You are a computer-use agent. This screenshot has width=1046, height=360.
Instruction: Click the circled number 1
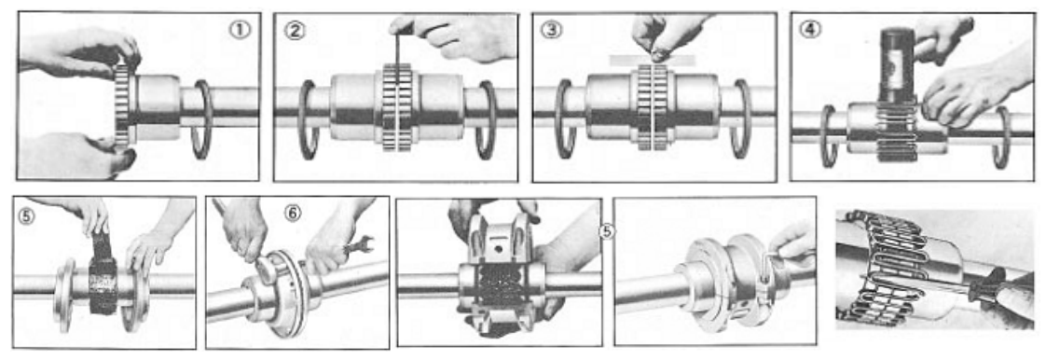pyautogui.click(x=239, y=30)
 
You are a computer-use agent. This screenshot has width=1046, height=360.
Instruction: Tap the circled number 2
pyautogui.click(x=295, y=30)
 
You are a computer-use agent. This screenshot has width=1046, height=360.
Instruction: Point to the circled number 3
pyautogui.click(x=550, y=30)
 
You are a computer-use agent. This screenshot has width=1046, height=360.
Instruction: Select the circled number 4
pyautogui.click(x=810, y=30)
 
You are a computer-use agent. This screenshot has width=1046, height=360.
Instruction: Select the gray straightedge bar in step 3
pyautogui.click(x=653, y=60)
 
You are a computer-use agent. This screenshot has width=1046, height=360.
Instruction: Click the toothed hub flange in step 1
pyautogui.click(x=122, y=104)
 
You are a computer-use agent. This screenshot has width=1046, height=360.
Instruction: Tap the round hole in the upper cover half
pyautogui.click(x=495, y=249)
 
